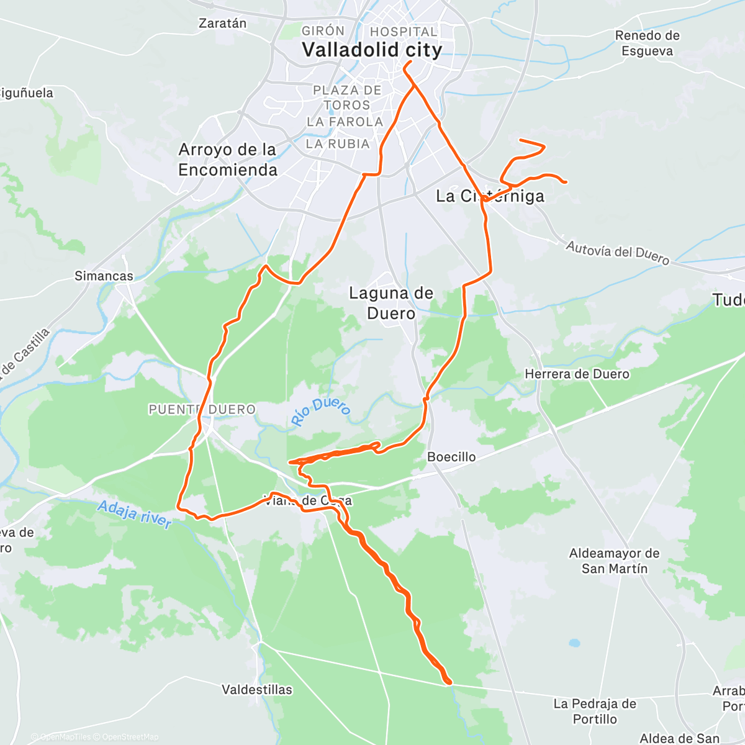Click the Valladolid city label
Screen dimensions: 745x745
372,50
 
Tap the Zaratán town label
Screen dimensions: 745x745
222,24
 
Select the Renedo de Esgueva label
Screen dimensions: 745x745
647,43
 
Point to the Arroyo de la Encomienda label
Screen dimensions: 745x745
227,160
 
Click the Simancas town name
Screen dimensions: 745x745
104,276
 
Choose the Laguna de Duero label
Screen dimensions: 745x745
391,303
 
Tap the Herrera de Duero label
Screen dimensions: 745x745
577,374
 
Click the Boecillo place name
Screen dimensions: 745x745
451,457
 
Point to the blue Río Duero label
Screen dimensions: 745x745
321,412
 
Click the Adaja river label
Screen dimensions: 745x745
134,515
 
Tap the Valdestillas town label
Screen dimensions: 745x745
257,690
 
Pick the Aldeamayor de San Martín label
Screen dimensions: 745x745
614,561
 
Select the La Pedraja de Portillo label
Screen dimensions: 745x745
595,711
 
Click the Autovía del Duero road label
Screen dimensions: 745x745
617,253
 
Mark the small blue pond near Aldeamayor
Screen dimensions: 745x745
574,643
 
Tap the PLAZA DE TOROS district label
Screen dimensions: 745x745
347,97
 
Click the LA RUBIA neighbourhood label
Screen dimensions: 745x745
338,144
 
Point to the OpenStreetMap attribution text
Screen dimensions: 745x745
130,737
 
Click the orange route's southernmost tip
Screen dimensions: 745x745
448,682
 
